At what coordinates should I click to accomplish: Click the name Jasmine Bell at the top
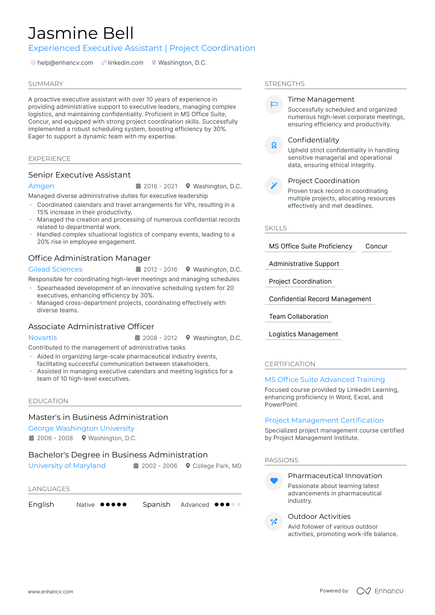coord(81,33)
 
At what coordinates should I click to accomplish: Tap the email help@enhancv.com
coord(65,63)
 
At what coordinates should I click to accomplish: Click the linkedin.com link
coord(125,63)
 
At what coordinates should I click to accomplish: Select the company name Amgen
coord(41,186)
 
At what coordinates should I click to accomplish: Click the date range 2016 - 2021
coord(160,186)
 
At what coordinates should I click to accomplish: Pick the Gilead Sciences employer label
coord(55,269)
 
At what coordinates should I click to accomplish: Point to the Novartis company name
coord(43,338)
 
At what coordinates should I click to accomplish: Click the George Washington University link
coord(81,428)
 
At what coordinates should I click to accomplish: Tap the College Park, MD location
coord(217,466)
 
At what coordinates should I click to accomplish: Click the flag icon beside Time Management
coord(274,105)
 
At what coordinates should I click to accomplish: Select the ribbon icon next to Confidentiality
coord(274,145)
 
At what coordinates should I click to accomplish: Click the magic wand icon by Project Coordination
coord(274,186)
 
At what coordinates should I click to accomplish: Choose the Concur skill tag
coord(376,246)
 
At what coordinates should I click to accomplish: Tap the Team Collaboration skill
coord(298,317)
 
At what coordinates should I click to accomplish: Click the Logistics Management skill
coord(303,334)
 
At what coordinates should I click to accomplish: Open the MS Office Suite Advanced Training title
coord(325,380)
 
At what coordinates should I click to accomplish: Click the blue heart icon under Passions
coord(274,481)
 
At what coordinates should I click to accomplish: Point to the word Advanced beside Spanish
coord(195,505)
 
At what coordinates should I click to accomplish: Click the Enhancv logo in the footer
coord(380,591)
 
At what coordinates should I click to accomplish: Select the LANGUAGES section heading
coord(49,489)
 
